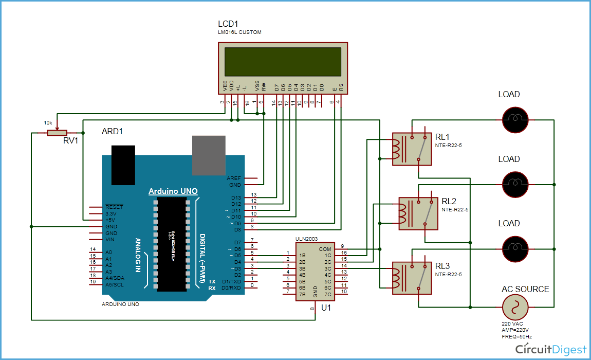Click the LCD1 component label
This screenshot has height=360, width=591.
click(x=228, y=24)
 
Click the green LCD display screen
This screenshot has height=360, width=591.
click(x=282, y=61)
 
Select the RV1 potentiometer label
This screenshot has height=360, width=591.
click(x=70, y=141)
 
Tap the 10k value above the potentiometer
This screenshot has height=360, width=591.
click(x=48, y=123)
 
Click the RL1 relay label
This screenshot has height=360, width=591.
click(x=442, y=137)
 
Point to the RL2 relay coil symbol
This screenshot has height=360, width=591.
click(x=403, y=213)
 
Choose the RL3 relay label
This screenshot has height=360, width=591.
click(x=442, y=266)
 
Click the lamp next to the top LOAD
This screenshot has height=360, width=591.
click(x=515, y=119)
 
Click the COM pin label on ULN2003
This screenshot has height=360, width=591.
click(x=325, y=248)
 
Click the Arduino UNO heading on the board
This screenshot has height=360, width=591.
click(x=173, y=191)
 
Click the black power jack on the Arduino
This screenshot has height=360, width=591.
click(x=123, y=165)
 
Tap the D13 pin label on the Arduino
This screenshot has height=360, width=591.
click(x=236, y=197)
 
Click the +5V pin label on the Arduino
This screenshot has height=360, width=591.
click(x=110, y=220)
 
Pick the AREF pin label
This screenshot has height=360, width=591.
click(x=234, y=178)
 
